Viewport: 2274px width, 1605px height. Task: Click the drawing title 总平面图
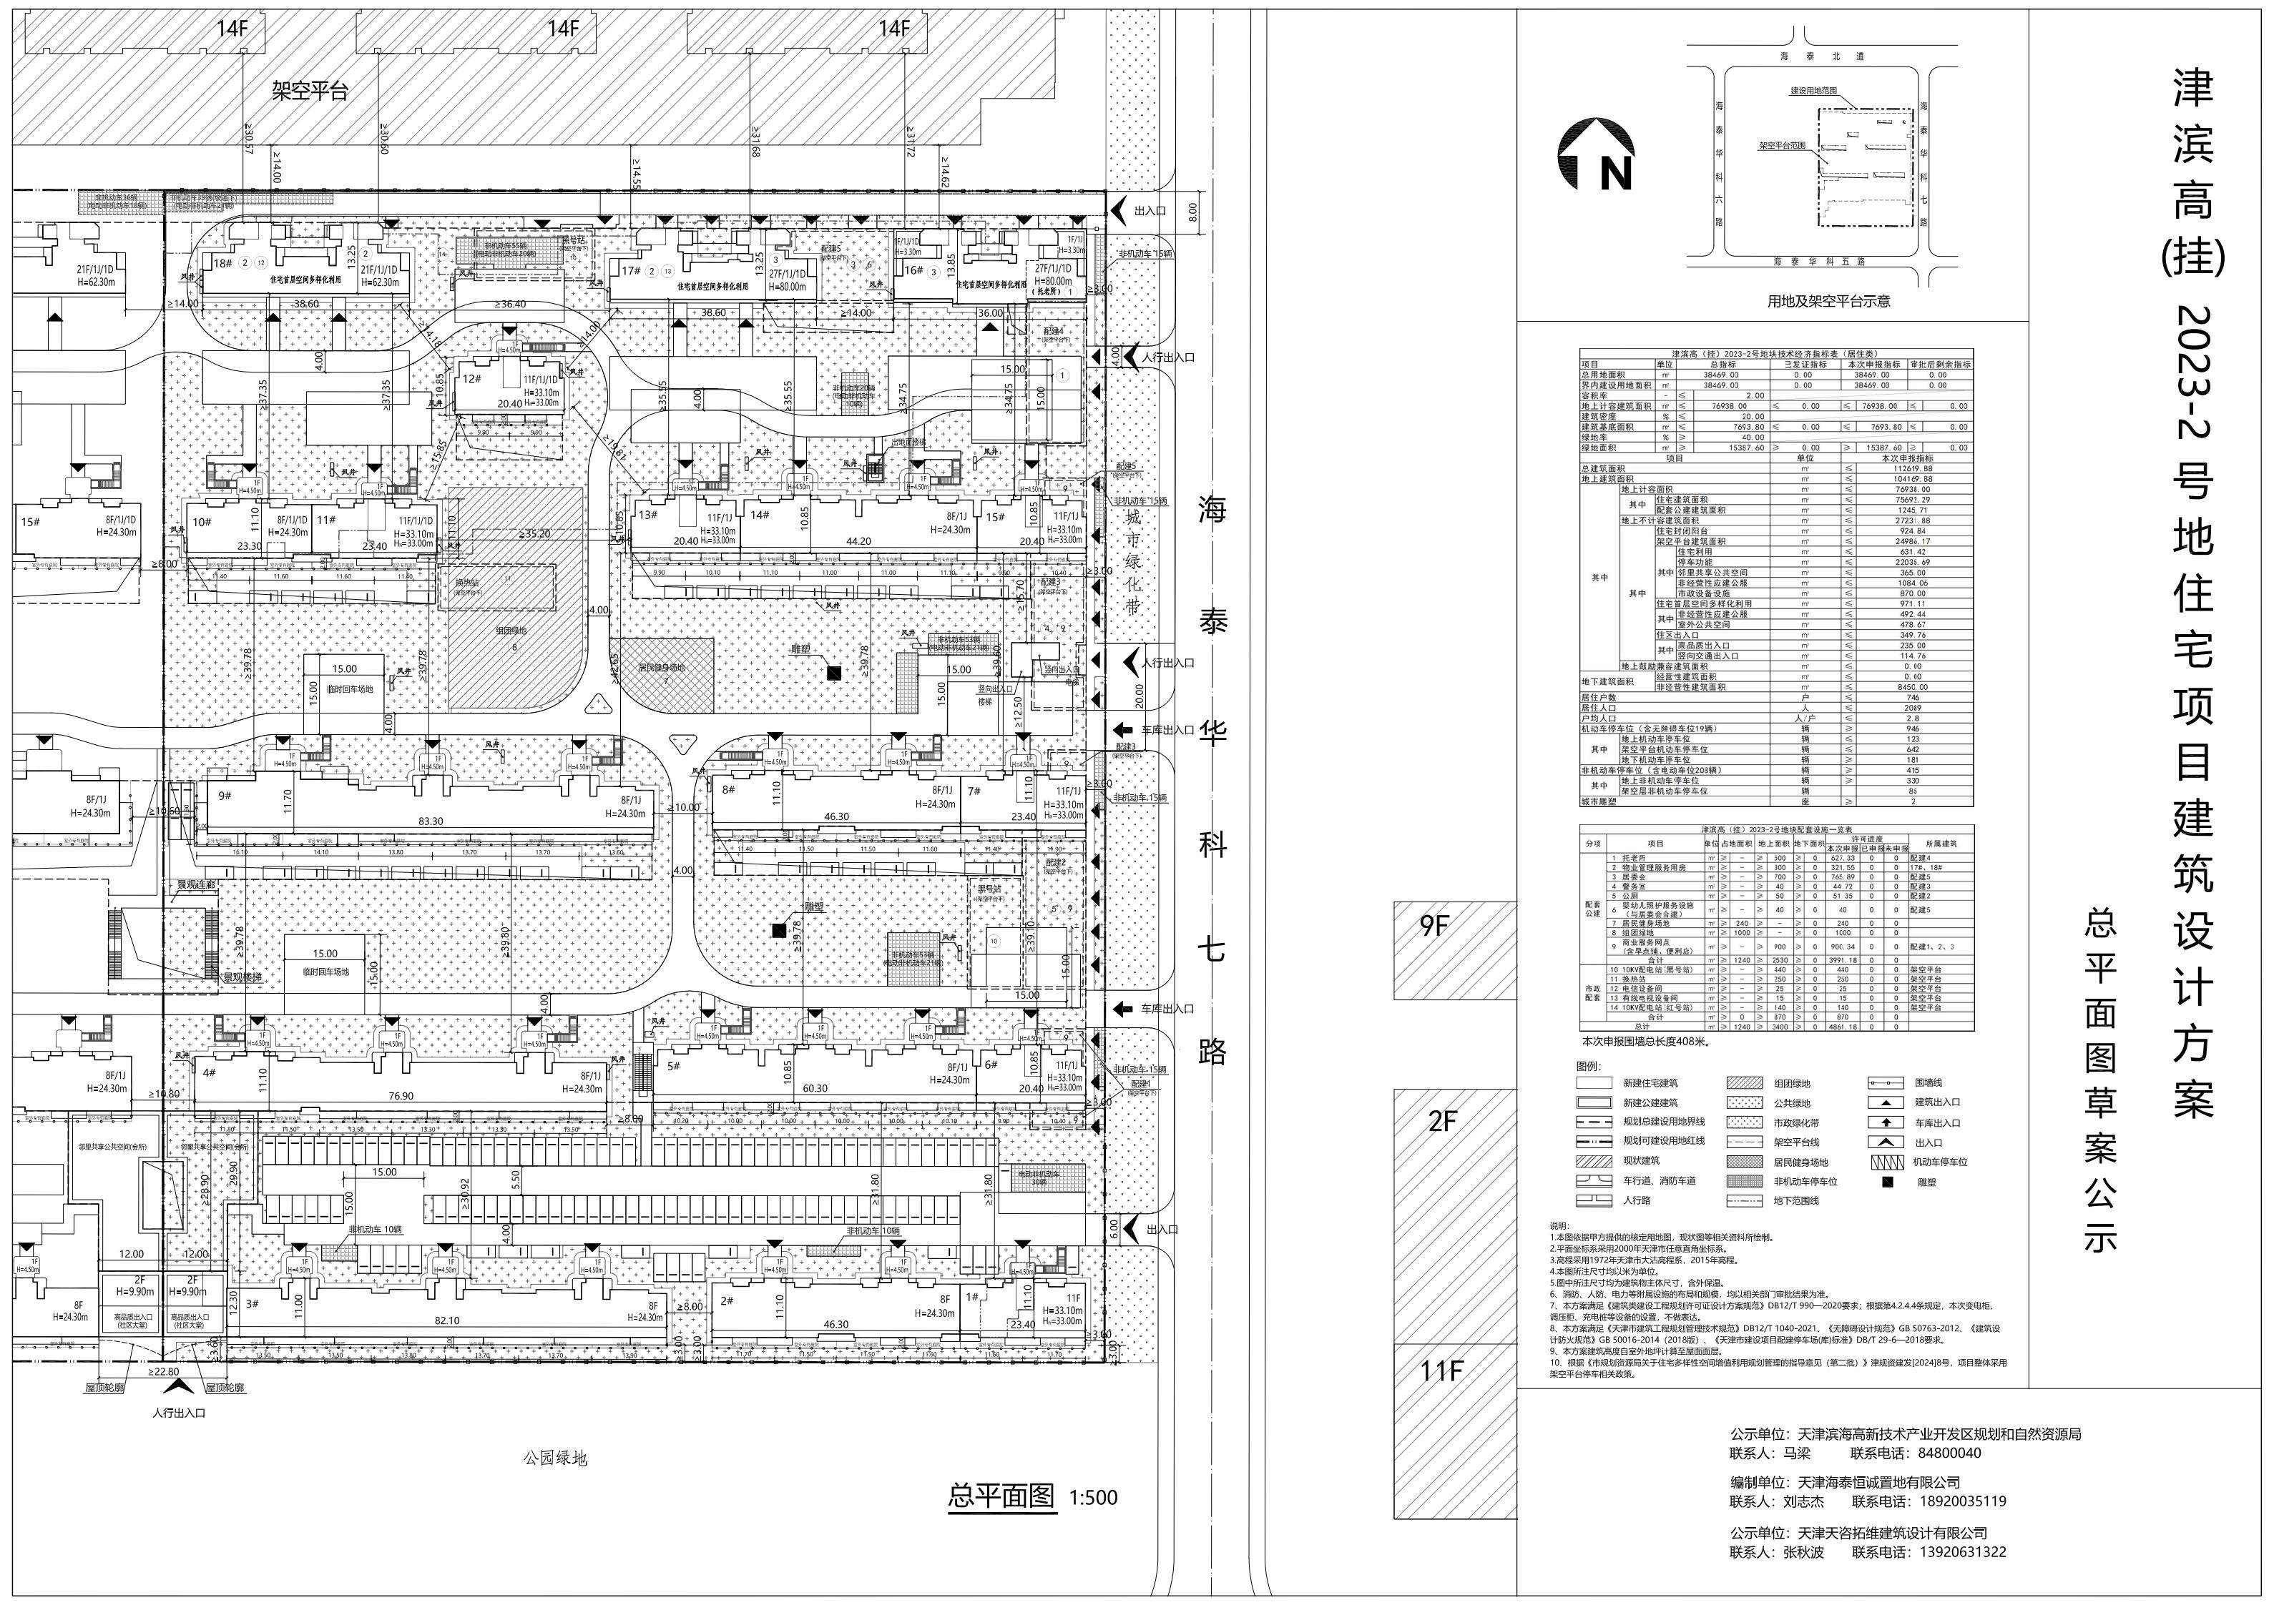pos(1001,1495)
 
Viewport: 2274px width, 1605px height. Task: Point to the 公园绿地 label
pos(556,1458)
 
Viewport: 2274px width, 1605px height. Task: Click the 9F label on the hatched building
pos(1434,926)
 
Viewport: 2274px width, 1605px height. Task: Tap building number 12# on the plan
pos(471,378)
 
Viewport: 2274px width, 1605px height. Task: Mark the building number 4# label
pos(209,1072)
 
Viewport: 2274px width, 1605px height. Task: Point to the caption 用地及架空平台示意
pos(1828,301)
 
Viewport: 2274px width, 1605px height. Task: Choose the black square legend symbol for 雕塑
pos(1887,1181)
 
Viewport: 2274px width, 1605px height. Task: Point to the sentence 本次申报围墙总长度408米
pos(1646,1042)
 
